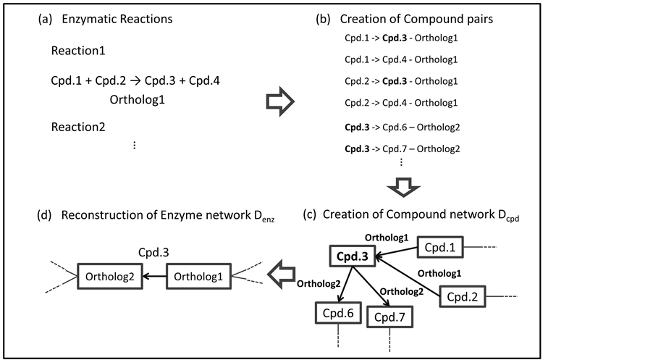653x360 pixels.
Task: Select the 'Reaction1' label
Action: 79,51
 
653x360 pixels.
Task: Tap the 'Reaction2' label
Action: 79,127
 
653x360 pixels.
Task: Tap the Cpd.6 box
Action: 337,314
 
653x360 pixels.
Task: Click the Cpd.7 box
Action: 391,317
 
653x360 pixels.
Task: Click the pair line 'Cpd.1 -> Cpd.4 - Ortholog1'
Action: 401,59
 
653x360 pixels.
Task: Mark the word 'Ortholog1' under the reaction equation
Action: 138,99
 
